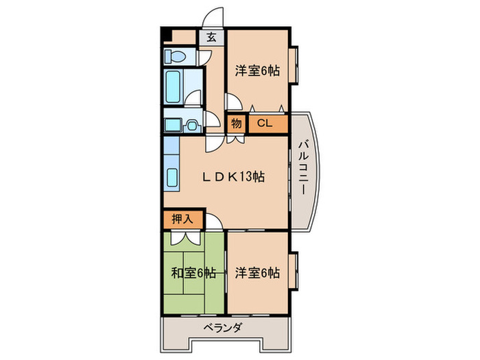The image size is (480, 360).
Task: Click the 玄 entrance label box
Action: point(211,38)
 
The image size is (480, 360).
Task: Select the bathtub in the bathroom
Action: point(173,88)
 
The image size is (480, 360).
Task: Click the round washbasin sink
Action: point(193,125)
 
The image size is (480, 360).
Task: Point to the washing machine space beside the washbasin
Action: point(173,125)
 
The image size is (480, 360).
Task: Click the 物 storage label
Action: point(236,124)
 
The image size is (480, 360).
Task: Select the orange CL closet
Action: point(264,124)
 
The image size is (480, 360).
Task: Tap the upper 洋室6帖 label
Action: point(258,70)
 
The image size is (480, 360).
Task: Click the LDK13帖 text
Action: point(233,177)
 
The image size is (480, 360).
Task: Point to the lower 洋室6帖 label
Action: point(258,273)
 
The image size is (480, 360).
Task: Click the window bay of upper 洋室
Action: point(293,66)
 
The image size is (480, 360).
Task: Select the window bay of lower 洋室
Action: point(293,271)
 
